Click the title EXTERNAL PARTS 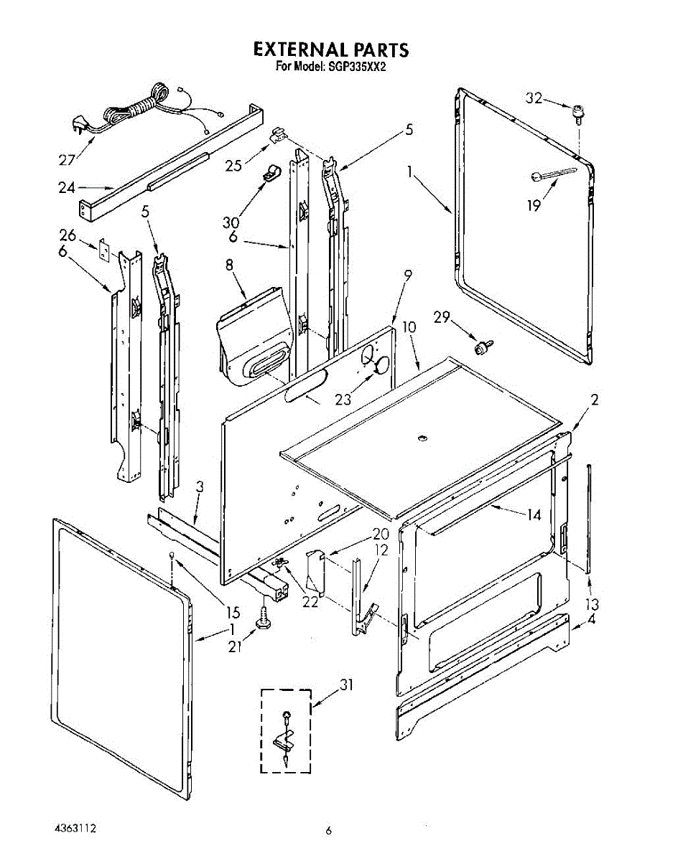(x=330, y=50)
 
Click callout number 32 (x=534, y=99)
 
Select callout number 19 (x=534, y=205)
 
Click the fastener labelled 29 (x=482, y=348)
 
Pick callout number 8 (x=230, y=265)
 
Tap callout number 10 (x=409, y=327)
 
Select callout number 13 (x=592, y=603)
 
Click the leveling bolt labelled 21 (x=263, y=618)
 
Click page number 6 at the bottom (x=329, y=831)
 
